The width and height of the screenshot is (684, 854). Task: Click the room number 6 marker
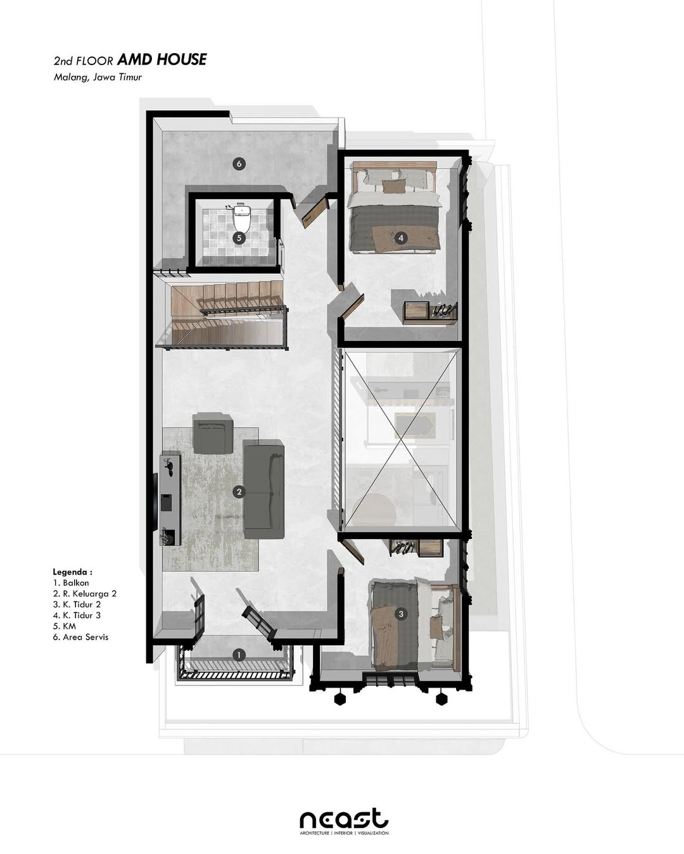(x=239, y=164)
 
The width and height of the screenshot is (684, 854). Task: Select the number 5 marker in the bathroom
(x=239, y=238)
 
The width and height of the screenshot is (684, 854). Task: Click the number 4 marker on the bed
(x=400, y=238)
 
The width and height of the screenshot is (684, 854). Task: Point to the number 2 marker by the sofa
(x=239, y=492)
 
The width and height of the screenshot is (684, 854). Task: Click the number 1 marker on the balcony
(x=239, y=655)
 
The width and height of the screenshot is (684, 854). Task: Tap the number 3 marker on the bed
(x=400, y=614)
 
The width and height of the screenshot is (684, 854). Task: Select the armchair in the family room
(x=213, y=433)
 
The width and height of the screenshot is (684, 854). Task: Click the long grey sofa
(x=263, y=490)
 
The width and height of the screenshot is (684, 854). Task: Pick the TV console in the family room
(x=171, y=498)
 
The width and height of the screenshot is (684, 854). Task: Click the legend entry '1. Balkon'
(x=71, y=583)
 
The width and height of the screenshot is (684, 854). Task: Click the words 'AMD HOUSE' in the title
(x=162, y=59)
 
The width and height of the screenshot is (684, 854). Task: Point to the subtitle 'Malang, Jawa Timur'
(x=98, y=77)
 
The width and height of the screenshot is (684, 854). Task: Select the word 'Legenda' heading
(x=72, y=571)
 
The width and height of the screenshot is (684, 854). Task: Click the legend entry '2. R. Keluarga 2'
(x=85, y=593)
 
